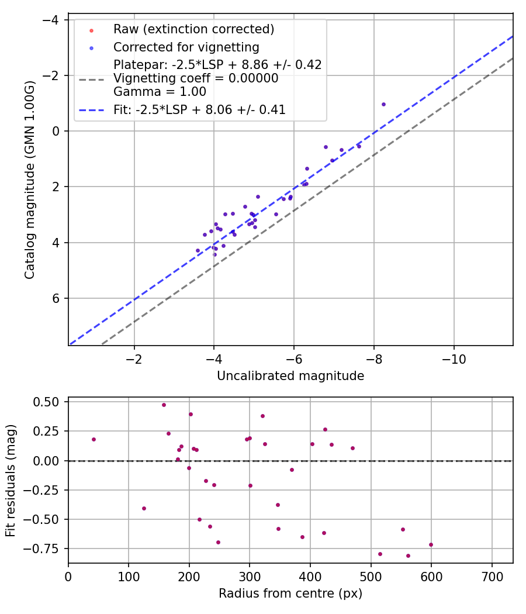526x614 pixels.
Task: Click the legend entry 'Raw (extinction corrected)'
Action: click(193, 29)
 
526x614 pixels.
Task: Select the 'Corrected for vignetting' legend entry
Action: click(186, 47)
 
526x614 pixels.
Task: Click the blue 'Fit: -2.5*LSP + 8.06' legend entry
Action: click(199, 110)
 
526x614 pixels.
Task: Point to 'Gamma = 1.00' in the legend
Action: click(160, 92)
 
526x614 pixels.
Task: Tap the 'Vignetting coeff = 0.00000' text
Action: click(196, 78)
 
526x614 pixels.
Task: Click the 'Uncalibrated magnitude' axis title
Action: click(290, 376)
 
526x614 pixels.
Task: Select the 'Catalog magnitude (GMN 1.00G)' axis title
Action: click(30, 180)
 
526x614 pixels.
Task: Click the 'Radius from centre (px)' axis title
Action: click(290, 594)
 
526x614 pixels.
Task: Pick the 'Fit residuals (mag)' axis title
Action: click(11, 481)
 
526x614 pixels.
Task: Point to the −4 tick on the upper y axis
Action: click(51, 20)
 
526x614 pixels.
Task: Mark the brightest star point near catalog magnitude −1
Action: click(383, 104)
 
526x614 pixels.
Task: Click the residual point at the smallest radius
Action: click(94, 439)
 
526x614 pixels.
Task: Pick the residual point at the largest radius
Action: click(431, 544)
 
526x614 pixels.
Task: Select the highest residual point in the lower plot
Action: click(164, 405)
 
